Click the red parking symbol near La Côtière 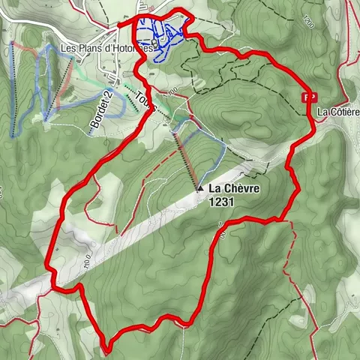307,97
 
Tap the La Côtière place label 337,112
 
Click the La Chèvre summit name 234,189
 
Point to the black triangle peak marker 199,189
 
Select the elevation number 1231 223,202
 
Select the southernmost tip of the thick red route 108,349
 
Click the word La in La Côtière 322,112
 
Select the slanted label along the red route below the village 146,101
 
